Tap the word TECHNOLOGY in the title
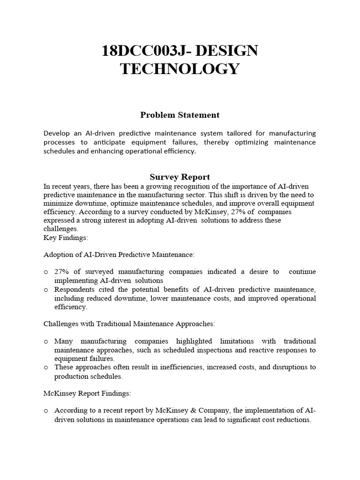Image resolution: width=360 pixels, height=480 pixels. pyautogui.click(x=180, y=68)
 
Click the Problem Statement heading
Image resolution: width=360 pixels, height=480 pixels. pyautogui.click(x=180, y=115)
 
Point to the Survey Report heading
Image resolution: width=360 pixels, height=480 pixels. pyautogui.click(x=180, y=177)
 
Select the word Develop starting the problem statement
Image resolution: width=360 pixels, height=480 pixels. pyautogui.click(x=58, y=133)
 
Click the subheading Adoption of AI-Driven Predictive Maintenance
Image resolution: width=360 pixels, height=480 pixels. pyautogui.click(x=119, y=255)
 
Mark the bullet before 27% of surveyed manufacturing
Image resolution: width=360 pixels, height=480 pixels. pyautogui.click(x=46, y=272)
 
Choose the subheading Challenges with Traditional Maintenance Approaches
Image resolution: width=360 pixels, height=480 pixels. pyautogui.click(x=129, y=324)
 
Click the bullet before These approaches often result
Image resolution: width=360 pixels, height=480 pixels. pyautogui.click(x=46, y=368)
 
